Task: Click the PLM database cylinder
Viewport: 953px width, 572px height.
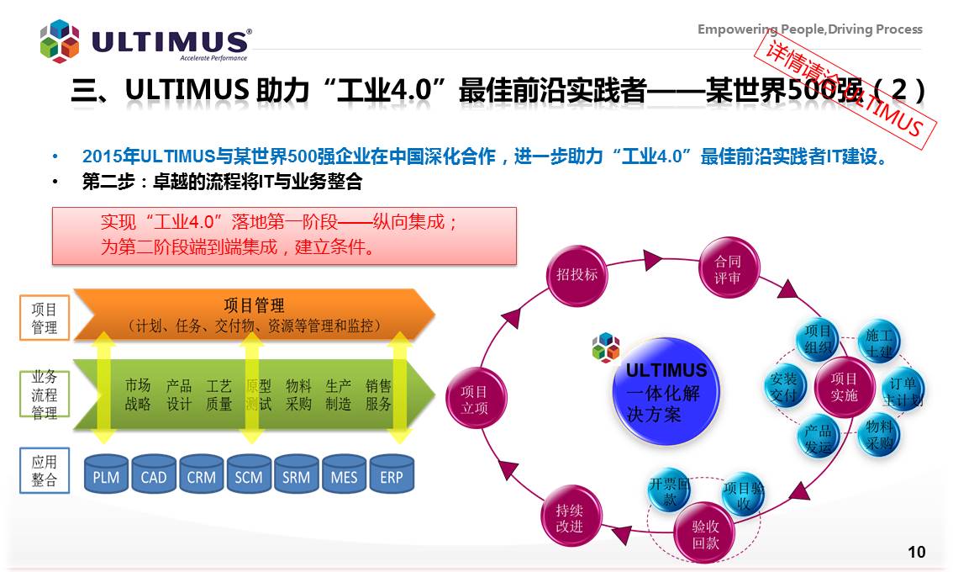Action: point(107,475)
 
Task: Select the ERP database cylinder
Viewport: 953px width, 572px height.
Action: point(392,475)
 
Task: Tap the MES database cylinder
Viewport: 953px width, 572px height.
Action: point(344,475)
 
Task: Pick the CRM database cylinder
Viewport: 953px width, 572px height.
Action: point(202,475)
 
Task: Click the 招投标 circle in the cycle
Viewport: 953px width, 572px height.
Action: point(577,274)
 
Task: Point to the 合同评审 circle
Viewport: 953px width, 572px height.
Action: point(728,269)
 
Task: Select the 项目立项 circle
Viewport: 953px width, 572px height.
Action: point(474,400)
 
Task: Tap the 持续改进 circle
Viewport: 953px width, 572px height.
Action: point(569,517)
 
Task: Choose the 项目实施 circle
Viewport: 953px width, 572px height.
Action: point(844,388)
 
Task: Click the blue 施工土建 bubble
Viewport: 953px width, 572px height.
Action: point(879,343)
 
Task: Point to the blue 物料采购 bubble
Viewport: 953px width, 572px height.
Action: point(879,435)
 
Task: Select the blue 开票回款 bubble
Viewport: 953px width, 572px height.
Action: point(669,493)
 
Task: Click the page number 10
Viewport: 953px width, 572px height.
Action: point(916,552)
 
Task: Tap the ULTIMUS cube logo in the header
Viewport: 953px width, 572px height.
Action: point(60,41)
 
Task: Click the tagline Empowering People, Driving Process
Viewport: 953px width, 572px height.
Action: point(809,29)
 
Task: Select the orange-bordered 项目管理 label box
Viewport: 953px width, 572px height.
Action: point(45,318)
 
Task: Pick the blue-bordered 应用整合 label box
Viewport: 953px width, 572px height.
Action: point(45,471)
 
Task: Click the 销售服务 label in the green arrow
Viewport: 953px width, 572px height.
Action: point(378,395)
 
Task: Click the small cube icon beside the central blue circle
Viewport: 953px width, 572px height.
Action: point(605,347)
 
